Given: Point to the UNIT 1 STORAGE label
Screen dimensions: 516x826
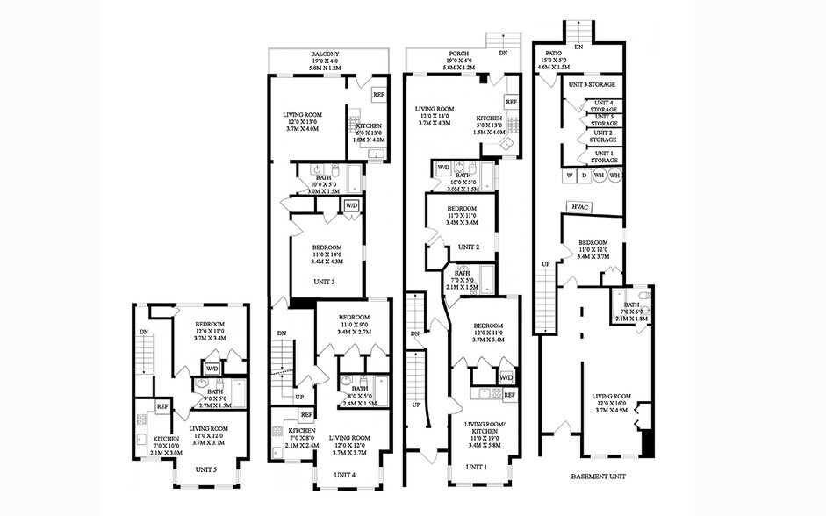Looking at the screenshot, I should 603,156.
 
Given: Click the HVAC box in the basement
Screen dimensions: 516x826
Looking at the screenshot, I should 580,206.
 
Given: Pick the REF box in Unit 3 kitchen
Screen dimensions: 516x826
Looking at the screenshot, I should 377,95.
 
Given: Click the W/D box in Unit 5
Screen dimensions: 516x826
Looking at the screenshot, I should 212,368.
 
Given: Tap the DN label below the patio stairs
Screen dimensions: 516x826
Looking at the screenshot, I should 578,46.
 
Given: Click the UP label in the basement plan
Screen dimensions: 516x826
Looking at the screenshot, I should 545,263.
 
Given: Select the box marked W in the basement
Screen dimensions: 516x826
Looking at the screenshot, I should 571,176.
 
